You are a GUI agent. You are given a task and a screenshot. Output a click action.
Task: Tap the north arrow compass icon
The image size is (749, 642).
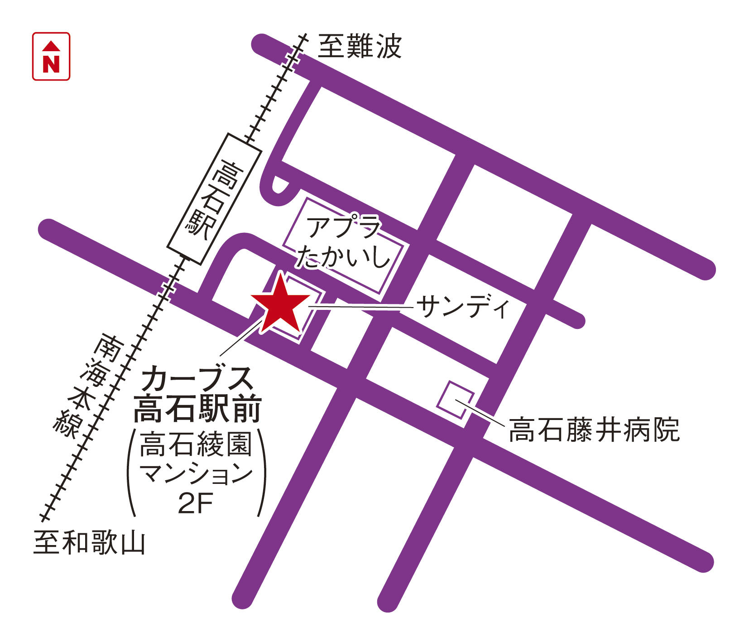tap(51, 56)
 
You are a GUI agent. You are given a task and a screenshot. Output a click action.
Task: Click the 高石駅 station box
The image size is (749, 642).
tap(214, 198)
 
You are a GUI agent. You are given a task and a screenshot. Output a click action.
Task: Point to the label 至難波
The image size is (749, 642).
tap(360, 46)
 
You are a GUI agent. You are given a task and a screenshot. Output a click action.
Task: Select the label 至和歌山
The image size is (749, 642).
tap(89, 542)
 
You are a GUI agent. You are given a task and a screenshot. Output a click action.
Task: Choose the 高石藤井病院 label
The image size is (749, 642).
tap(594, 430)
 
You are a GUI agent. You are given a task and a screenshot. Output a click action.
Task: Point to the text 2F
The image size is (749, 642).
tap(195, 503)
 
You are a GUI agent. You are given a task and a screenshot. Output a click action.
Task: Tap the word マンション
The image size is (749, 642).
tap(196, 473)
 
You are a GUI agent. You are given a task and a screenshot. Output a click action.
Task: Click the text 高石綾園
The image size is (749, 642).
tap(196, 444)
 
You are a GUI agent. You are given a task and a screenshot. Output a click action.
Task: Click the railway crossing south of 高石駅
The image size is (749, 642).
tap(167, 288)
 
